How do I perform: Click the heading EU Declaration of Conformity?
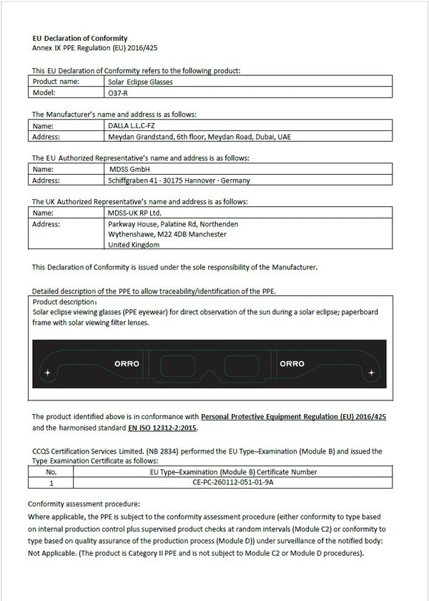[80, 38]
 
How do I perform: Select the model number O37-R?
[119, 93]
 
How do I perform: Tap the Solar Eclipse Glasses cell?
[139, 82]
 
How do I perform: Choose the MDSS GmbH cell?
[127, 169]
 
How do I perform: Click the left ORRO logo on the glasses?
[127, 364]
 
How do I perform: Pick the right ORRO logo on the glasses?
[292, 364]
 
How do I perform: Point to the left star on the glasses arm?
[48, 373]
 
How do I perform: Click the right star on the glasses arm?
[371, 373]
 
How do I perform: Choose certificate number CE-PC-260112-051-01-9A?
[233, 484]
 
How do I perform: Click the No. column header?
[51, 472]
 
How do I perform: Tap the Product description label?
[60, 302]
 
